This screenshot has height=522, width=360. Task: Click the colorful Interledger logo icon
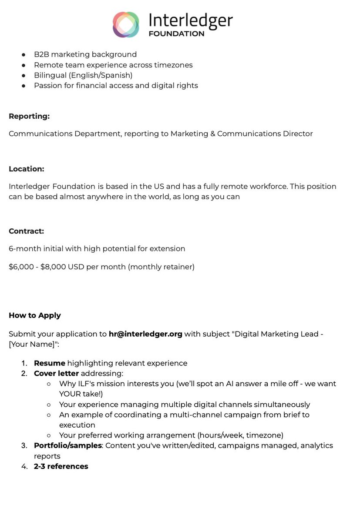click(x=126, y=24)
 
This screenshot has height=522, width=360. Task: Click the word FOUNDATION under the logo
click(x=176, y=33)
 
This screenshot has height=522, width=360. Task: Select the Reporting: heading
click(x=29, y=116)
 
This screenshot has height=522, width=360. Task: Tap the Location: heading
click(x=27, y=169)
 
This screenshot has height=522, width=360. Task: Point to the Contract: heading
click(x=27, y=231)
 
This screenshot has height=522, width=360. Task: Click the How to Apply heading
click(x=35, y=315)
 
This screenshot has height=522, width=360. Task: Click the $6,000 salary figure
click(x=21, y=267)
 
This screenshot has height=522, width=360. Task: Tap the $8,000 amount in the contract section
click(x=53, y=267)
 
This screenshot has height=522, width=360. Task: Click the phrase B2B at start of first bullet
click(x=42, y=54)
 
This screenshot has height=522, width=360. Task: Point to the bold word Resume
click(x=50, y=363)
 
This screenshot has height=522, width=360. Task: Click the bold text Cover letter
click(x=57, y=373)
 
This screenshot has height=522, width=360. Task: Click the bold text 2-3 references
click(x=61, y=466)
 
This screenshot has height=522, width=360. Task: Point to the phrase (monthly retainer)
click(x=161, y=267)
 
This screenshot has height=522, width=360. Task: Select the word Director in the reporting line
click(x=298, y=134)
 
